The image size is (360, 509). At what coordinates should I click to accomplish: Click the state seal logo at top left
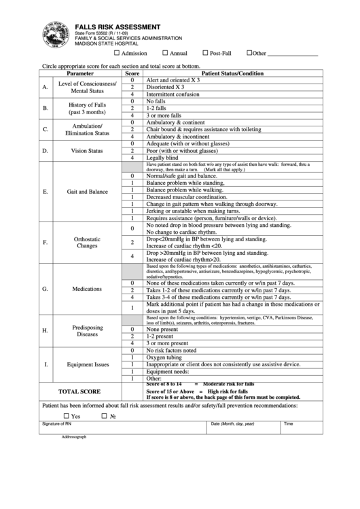coord(54,34)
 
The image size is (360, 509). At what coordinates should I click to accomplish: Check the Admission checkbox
coord(117,53)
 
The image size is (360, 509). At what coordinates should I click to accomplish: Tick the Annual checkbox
coord(165,53)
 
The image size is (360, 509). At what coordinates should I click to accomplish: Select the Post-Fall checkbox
coord(206,53)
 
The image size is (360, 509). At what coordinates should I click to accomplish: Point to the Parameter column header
coord(81,73)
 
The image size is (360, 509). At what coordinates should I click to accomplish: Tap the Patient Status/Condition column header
coord(233,73)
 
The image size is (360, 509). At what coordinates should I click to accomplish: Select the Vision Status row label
coord(87,150)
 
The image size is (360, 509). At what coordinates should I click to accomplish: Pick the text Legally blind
coord(164,158)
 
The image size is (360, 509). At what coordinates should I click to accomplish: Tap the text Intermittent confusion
coord(175,94)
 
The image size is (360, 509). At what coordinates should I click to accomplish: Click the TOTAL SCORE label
coord(79,391)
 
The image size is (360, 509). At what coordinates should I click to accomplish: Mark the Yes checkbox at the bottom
coord(67,416)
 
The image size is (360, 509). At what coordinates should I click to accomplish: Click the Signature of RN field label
coord(56,423)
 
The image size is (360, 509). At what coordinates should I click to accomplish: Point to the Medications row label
coord(87,289)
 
